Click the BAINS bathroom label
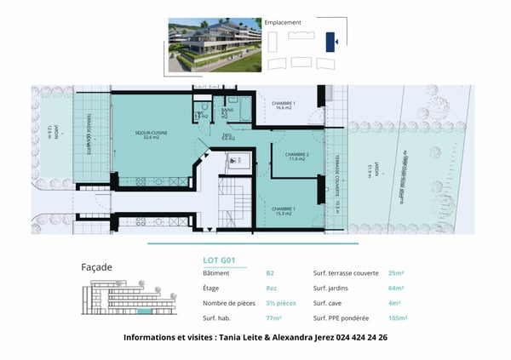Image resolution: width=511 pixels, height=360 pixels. [x=228, y=111]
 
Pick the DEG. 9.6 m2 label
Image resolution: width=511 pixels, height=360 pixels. [x=228, y=136]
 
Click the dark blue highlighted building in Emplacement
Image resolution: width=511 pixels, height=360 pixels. [x=334, y=40]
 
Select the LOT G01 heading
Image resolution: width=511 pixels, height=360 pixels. [x=220, y=260]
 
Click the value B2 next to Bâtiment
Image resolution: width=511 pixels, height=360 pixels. [x=270, y=274]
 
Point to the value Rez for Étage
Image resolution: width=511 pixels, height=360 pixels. [x=272, y=289]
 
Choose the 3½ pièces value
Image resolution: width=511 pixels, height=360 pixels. [x=281, y=303]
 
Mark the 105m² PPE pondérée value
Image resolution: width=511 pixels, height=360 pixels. [x=399, y=317]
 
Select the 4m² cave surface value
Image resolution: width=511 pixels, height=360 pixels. [x=394, y=303]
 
